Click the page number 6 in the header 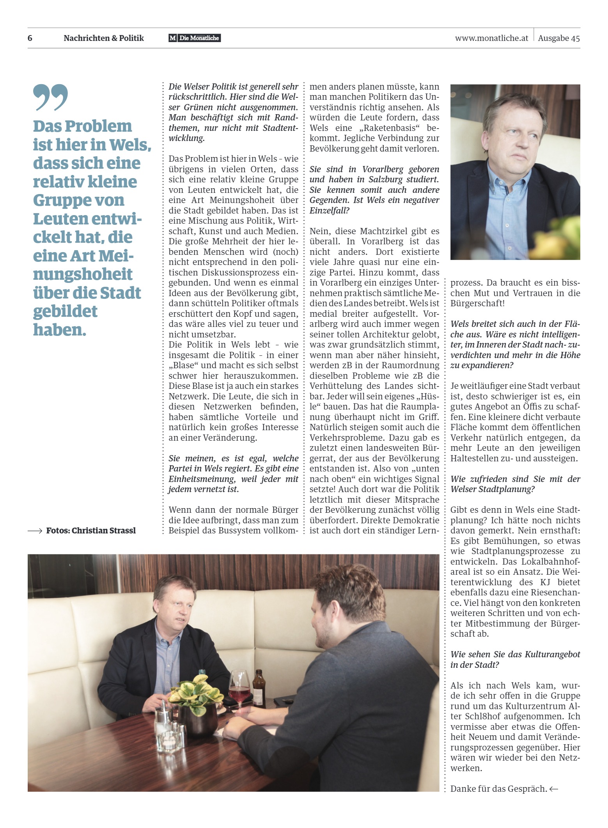[x=30, y=38]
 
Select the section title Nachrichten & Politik [x=104, y=38]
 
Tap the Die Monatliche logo [x=195, y=38]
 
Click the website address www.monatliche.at [x=491, y=38]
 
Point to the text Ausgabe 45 [x=559, y=38]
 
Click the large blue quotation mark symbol [x=50, y=97]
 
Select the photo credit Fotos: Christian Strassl [x=91, y=531]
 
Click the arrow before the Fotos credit [x=35, y=531]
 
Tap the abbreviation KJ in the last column [x=545, y=582]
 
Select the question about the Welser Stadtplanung [x=515, y=484]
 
